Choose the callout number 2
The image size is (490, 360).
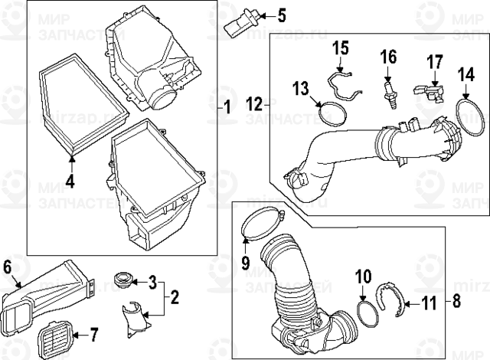175,296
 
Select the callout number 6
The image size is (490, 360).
7,267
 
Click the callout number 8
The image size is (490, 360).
457,300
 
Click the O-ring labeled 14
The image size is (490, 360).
466,115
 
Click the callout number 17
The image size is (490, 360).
434,59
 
